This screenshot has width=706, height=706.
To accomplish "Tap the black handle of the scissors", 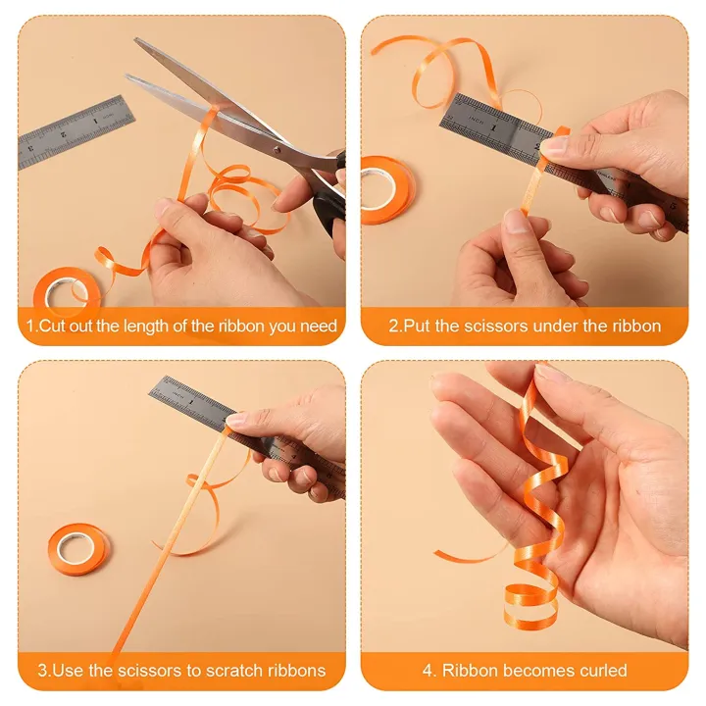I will click(x=328, y=196).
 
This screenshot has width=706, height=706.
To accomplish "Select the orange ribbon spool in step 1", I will click(x=58, y=290).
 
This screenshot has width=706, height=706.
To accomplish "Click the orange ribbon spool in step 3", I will click(x=78, y=549).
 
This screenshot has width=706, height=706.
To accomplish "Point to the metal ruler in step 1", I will click(x=76, y=131).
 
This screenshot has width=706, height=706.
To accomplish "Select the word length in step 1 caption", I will click(x=162, y=327).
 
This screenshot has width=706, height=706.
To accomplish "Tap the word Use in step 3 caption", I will click(x=67, y=672).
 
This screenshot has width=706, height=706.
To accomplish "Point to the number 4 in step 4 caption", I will click(x=428, y=672).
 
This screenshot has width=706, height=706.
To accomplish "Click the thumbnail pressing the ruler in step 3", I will click(x=236, y=420).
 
